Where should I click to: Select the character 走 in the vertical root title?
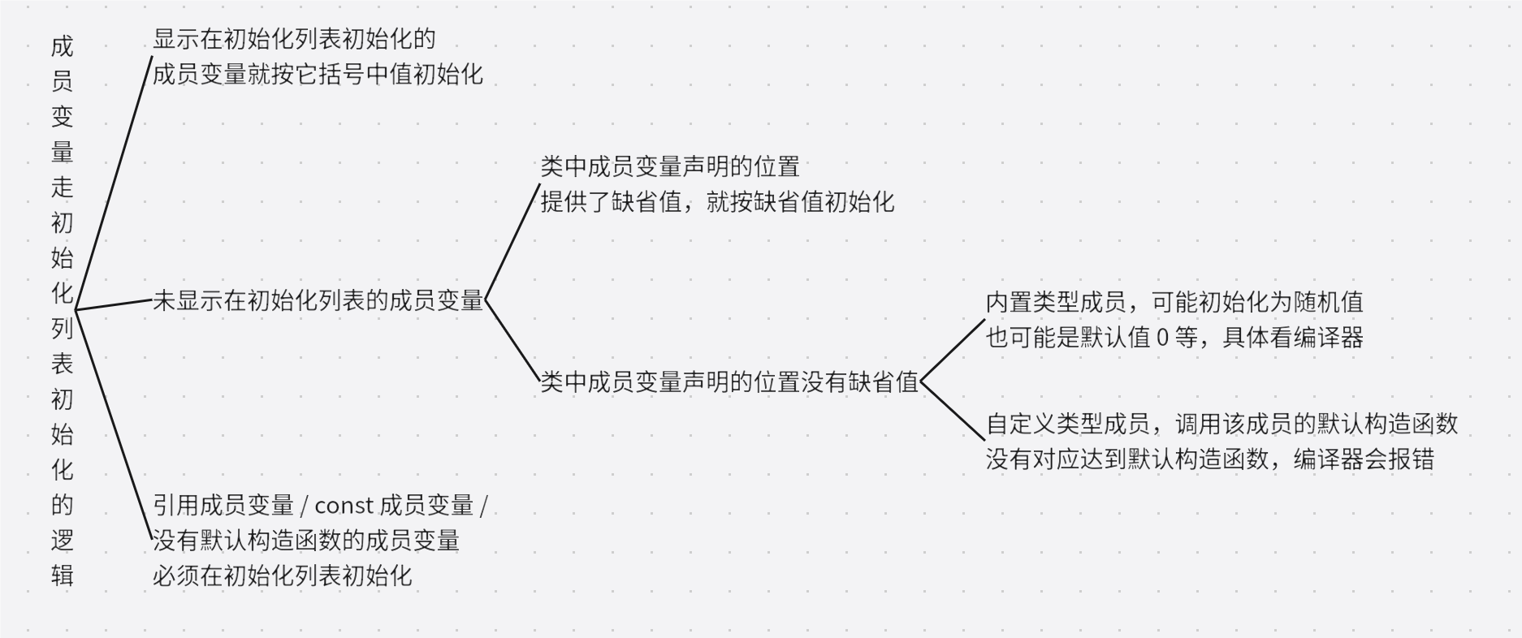pyautogui.click(x=63, y=188)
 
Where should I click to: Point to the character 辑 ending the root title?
pyautogui.click(x=63, y=575)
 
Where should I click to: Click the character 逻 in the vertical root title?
pyautogui.click(x=63, y=541)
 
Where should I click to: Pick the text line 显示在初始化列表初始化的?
pyautogui.click(x=294, y=39)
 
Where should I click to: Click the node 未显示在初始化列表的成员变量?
pyautogui.click(x=318, y=301)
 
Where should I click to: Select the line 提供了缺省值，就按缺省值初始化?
pyautogui.click(x=717, y=202)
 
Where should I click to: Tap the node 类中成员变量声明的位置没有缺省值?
pyautogui.click(x=729, y=382)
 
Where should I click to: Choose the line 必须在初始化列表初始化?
pyautogui.click(x=282, y=576)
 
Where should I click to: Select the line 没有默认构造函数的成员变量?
pyautogui.click(x=306, y=541)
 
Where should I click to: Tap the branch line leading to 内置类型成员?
pyautogui.click(x=952, y=351)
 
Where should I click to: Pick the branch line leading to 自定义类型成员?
pyautogui.click(x=952, y=411)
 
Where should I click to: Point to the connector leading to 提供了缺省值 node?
pyautogui.click(x=512, y=243)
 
